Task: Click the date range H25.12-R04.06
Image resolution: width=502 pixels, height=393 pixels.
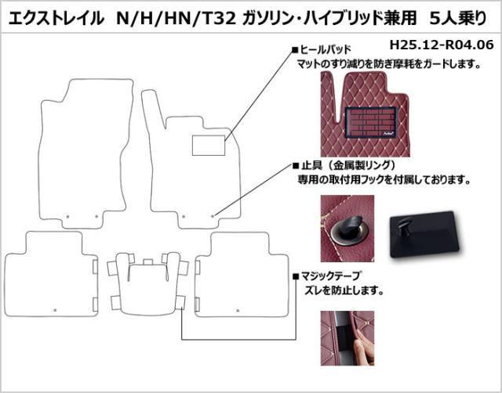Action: tap(442, 45)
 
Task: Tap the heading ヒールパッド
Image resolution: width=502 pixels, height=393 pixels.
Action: tap(326, 50)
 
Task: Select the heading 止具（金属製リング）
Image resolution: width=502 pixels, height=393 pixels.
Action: tap(347, 165)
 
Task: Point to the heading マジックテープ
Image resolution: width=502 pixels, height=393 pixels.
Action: tap(330, 276)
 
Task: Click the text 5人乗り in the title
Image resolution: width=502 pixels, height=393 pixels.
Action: tap(458, 19)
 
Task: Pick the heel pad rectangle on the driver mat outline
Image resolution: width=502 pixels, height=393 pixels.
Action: tap(209, 146)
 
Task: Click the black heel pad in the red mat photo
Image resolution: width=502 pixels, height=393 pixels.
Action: tap(371, 122)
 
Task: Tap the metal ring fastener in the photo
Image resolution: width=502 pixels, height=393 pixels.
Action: tap(347, 232)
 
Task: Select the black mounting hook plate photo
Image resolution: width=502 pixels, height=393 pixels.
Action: tap(424, 234)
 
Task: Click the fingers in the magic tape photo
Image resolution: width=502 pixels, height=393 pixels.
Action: tap(364, 344)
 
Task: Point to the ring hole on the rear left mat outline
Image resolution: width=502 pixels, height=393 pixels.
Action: tap(55, 310)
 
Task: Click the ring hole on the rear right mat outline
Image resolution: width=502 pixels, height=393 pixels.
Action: tap(238, 310)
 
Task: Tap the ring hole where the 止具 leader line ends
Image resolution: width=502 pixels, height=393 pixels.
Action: tap(213, 216)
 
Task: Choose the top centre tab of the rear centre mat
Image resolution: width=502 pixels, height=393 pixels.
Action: tap(148, 262)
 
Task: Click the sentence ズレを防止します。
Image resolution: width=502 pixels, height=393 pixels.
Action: tap(344, 290)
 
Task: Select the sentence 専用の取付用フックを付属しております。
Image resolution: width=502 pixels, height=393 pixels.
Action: tap(384, 180)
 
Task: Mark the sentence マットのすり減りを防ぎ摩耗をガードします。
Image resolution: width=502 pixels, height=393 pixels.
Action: tap(389, 64)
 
